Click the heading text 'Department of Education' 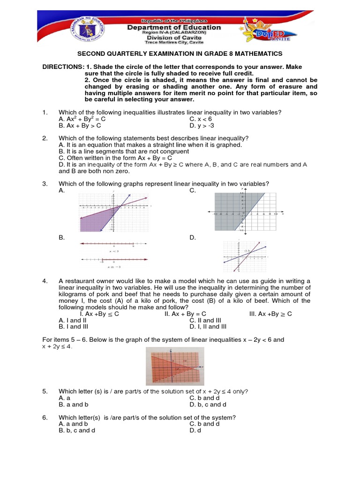[174, 27]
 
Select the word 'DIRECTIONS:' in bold [63, 67]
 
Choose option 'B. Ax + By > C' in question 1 [80, 126]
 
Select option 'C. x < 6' [201, 119]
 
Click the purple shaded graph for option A [114, 212]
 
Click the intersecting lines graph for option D [245, 256]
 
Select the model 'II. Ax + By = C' [185, 314]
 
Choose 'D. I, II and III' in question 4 [208, 327]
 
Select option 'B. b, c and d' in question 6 [77, 430]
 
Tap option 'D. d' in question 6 [195, 430]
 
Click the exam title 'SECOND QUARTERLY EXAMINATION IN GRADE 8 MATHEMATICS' [180, 54]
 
